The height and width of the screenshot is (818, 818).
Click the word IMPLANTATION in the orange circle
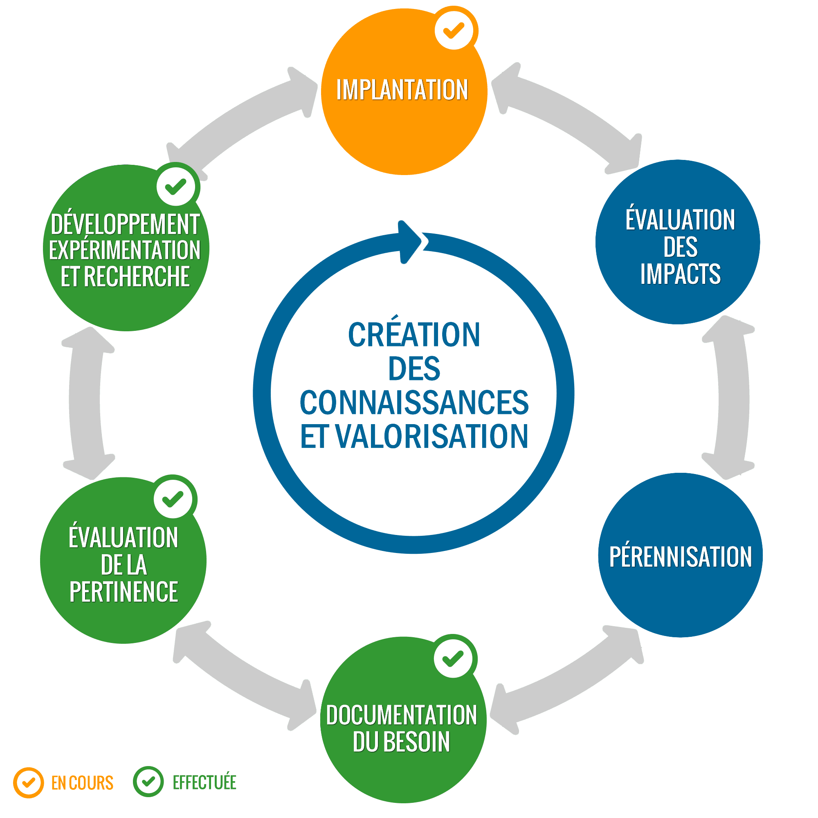click(x=402, y=90)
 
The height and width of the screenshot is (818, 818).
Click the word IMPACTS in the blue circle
click(x=681, y=274)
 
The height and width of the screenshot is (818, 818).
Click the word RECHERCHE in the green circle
click(x=137, y=276)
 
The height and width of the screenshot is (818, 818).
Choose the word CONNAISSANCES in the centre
click(x=414, y=402)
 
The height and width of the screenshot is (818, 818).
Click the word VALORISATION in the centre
click(x=432, y=436)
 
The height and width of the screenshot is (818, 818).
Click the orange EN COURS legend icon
click(x=28, y=782)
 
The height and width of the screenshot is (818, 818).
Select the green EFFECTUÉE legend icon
click(x=148, y=782)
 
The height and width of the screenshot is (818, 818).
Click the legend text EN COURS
click(x=82, y=783)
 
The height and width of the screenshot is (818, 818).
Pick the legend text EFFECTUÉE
click(x=204, y=782)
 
